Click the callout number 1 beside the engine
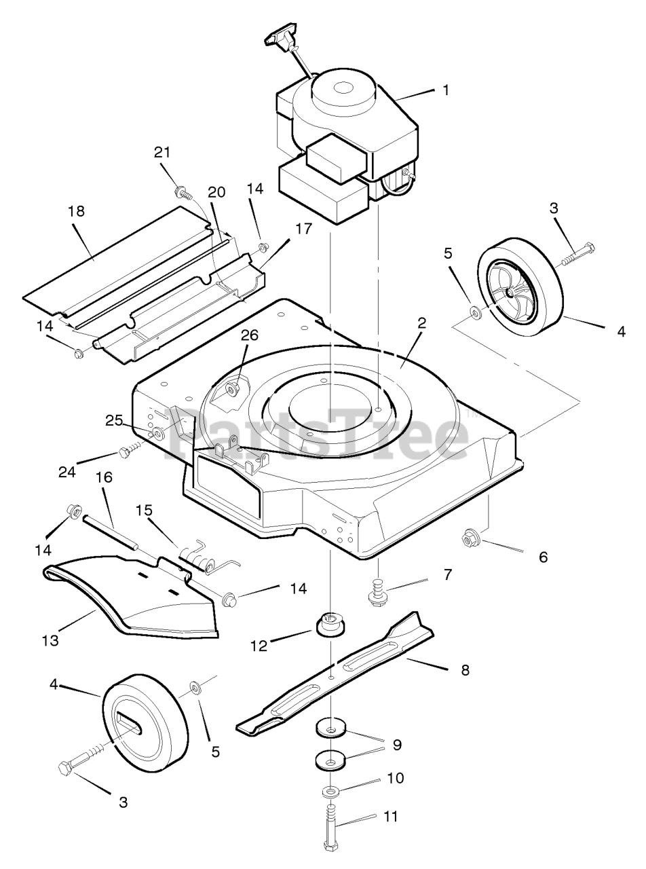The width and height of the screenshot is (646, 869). pyautogui.click(x=445, y=89)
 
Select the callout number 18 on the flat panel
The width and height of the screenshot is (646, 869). pyautogui.click(x=76, y=211)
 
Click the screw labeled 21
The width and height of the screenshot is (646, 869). pyautogui.click(x=180, y=174)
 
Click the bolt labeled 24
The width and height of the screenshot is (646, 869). pyautogui.click(x=127, y=451)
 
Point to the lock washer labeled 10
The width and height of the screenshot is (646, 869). pyautogui.click(x=330, y=792)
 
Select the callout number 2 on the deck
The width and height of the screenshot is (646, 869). pyautogui.click(x=421, y=323)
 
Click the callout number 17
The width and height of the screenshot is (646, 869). pyautogui.click(x=303, y=229)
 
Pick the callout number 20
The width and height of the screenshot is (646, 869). pyautogui.click(x=216, y=192)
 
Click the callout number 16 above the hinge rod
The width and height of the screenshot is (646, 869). pyautogui.click(x=104, y=479)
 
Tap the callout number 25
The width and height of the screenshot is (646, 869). pyautogui.click(x=115, y=420)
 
